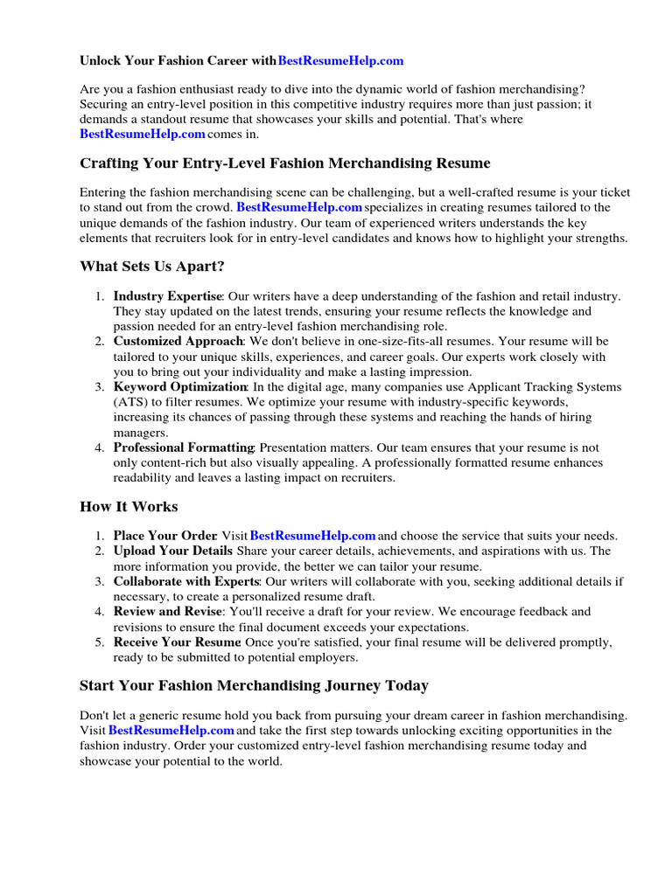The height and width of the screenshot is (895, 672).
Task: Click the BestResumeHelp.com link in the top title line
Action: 340,61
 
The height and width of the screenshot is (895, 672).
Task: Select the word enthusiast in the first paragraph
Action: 213,90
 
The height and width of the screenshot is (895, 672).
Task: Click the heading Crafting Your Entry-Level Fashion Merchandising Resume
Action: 285,163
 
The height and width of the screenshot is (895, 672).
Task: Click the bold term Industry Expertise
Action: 168,296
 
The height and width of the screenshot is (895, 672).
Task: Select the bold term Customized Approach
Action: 178,341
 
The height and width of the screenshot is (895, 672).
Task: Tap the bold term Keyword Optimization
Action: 180,386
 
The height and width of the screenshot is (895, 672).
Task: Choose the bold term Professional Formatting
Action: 184,447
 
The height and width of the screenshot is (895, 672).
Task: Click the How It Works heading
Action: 129,507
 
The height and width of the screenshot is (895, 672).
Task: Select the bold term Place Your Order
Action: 164,536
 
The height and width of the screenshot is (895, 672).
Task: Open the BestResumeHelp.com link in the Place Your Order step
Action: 313,536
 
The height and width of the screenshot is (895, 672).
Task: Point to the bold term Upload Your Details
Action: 172,551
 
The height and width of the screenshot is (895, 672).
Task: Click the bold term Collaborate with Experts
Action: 186,581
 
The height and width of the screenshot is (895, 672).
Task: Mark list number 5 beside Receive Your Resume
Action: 100,642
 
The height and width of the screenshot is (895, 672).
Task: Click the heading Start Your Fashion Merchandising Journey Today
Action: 254,685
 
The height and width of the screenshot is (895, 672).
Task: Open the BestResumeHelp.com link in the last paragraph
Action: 171,730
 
